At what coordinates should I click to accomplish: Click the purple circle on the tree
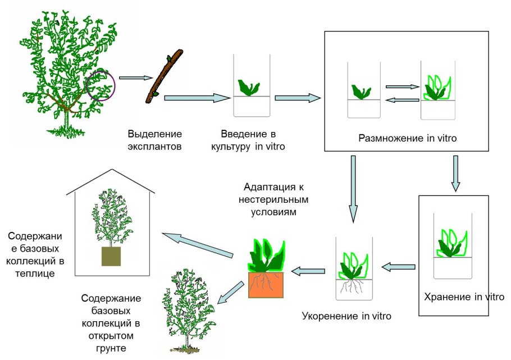(x=101, y=87)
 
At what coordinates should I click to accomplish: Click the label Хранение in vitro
(x=464, y=297)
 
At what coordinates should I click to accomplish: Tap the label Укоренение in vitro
(x=346, y=315)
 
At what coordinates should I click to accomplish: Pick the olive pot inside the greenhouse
(x=111, y=256)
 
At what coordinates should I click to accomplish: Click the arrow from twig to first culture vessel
(x=197, y=98)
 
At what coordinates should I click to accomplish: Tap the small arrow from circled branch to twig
(x=136, y=79)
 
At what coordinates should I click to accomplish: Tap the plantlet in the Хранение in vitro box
(x=452, y=241)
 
